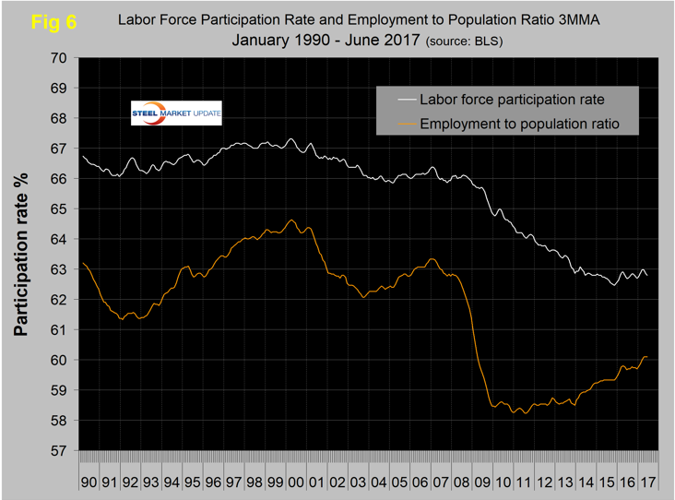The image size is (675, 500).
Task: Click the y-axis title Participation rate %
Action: tap(23, 255)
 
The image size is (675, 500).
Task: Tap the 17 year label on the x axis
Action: tap(648, 482)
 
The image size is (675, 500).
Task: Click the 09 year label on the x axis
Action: tap(483, 482)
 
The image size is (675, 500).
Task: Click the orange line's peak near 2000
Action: tap(291, 220)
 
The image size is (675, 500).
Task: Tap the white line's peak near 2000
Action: tap(290, 139)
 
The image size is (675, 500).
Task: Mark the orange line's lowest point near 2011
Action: tap(526, 413)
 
